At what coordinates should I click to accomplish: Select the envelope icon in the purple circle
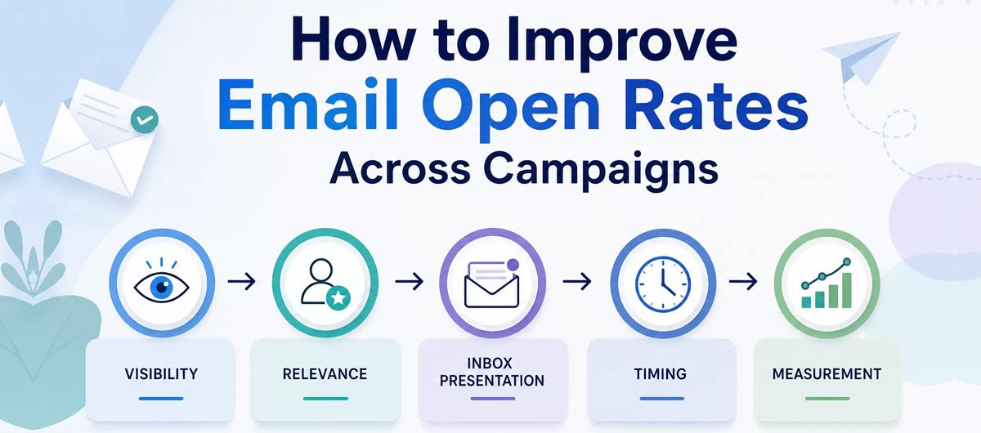[x=492, y=283]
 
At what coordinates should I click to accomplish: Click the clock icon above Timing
[x=663, y=283]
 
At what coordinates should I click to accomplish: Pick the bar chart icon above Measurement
[x=826, y=283]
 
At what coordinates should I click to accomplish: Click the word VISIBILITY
[x=161, y=374]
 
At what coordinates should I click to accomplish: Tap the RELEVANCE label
[x=325, y=374]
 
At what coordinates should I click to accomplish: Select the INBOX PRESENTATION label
[x=492, y=372]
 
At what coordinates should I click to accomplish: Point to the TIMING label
[x=661, y=374]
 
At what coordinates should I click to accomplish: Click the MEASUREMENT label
[x=826, y=374]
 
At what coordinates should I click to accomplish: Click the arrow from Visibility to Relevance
[x=242, y=281]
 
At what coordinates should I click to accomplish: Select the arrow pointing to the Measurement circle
[x=743, y=281]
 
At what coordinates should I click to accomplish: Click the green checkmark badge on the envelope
[x=145, y=119]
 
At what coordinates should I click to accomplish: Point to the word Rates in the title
[x=716, y=106]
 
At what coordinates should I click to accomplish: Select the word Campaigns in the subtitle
[x=601, y=171]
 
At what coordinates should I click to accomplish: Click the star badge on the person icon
[x=338, y=298]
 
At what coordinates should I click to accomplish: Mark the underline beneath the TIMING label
[x=661, y=399]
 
